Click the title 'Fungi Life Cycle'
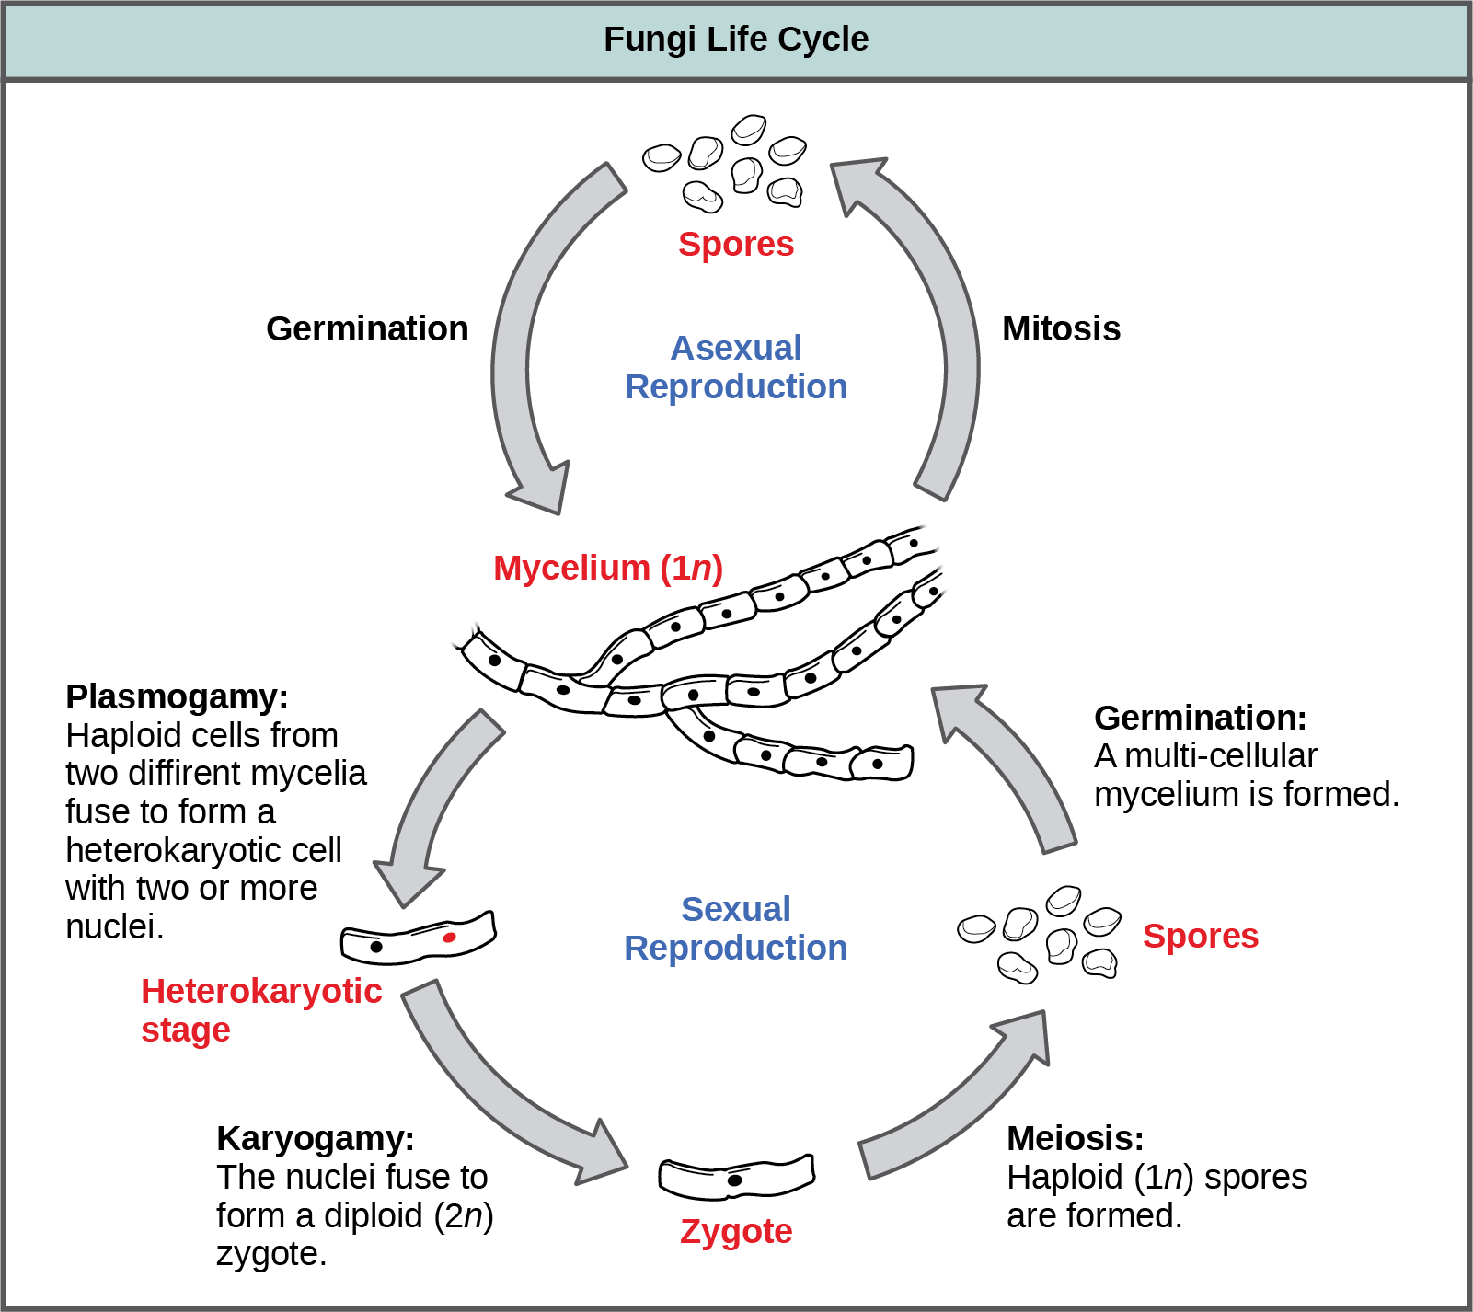(735, 40)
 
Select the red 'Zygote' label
(736, 1231)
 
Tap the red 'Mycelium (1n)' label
(607, 568)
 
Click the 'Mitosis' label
(1061, 328)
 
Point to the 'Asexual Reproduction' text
(736, 367)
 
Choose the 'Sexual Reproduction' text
(736, 928)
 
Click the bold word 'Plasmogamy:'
(177, 696)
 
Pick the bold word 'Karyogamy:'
(315, 1138)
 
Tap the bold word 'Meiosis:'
(1075, 1138)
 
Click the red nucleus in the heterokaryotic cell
(449, 938)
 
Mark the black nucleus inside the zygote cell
(734, 1180)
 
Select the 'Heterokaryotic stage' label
(260, 1009)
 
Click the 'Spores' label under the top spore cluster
(736, 244)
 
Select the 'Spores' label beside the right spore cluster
(1200, 936)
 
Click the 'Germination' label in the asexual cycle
(366, 328)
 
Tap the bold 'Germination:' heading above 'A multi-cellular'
(1200, 718)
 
